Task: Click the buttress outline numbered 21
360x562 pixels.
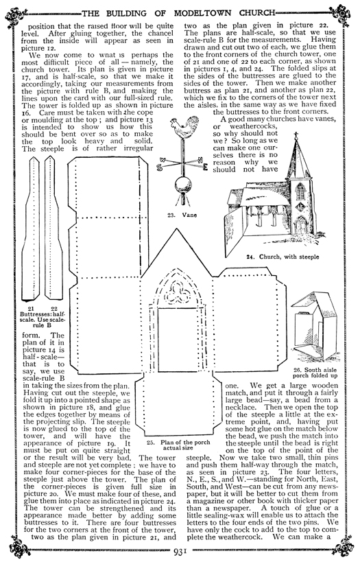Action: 34,226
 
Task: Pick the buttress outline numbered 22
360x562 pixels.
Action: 53,226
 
